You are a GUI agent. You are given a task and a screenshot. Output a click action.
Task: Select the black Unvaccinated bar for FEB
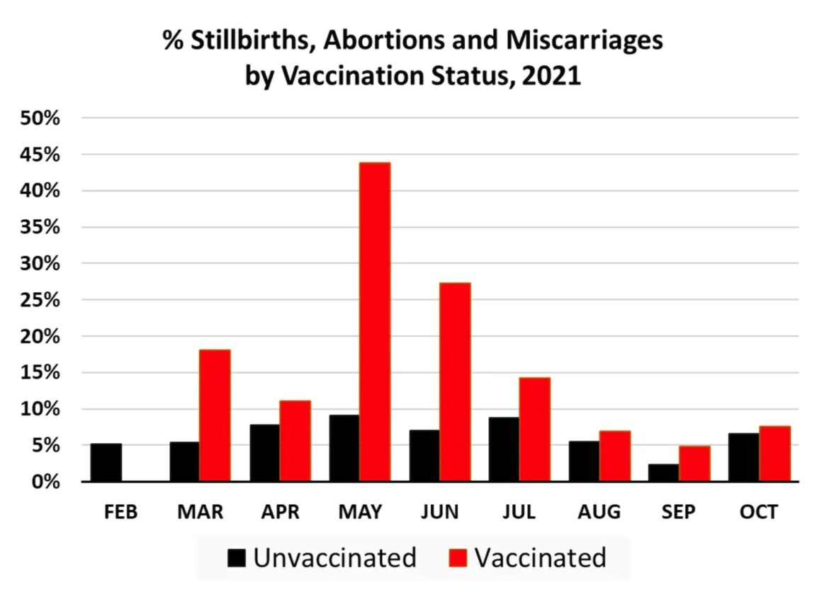click(106, 462)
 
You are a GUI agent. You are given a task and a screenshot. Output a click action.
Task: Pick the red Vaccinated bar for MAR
click(215, 416)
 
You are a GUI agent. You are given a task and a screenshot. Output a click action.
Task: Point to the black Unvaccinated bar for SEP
click(664, 473)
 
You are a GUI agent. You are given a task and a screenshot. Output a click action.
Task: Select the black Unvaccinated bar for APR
click(264, 453)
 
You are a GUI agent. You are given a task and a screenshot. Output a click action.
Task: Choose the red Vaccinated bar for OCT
click(774, 454)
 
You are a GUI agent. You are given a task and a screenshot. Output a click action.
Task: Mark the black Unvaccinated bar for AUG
click(584, 461)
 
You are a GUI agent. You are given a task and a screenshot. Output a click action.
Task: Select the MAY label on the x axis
click(359, 512)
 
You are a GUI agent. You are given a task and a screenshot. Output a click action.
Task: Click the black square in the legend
click(237, 559)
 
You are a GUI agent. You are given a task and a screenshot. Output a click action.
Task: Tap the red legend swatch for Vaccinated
click(458, 559)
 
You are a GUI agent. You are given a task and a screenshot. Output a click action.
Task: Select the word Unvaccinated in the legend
click(334, 558)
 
